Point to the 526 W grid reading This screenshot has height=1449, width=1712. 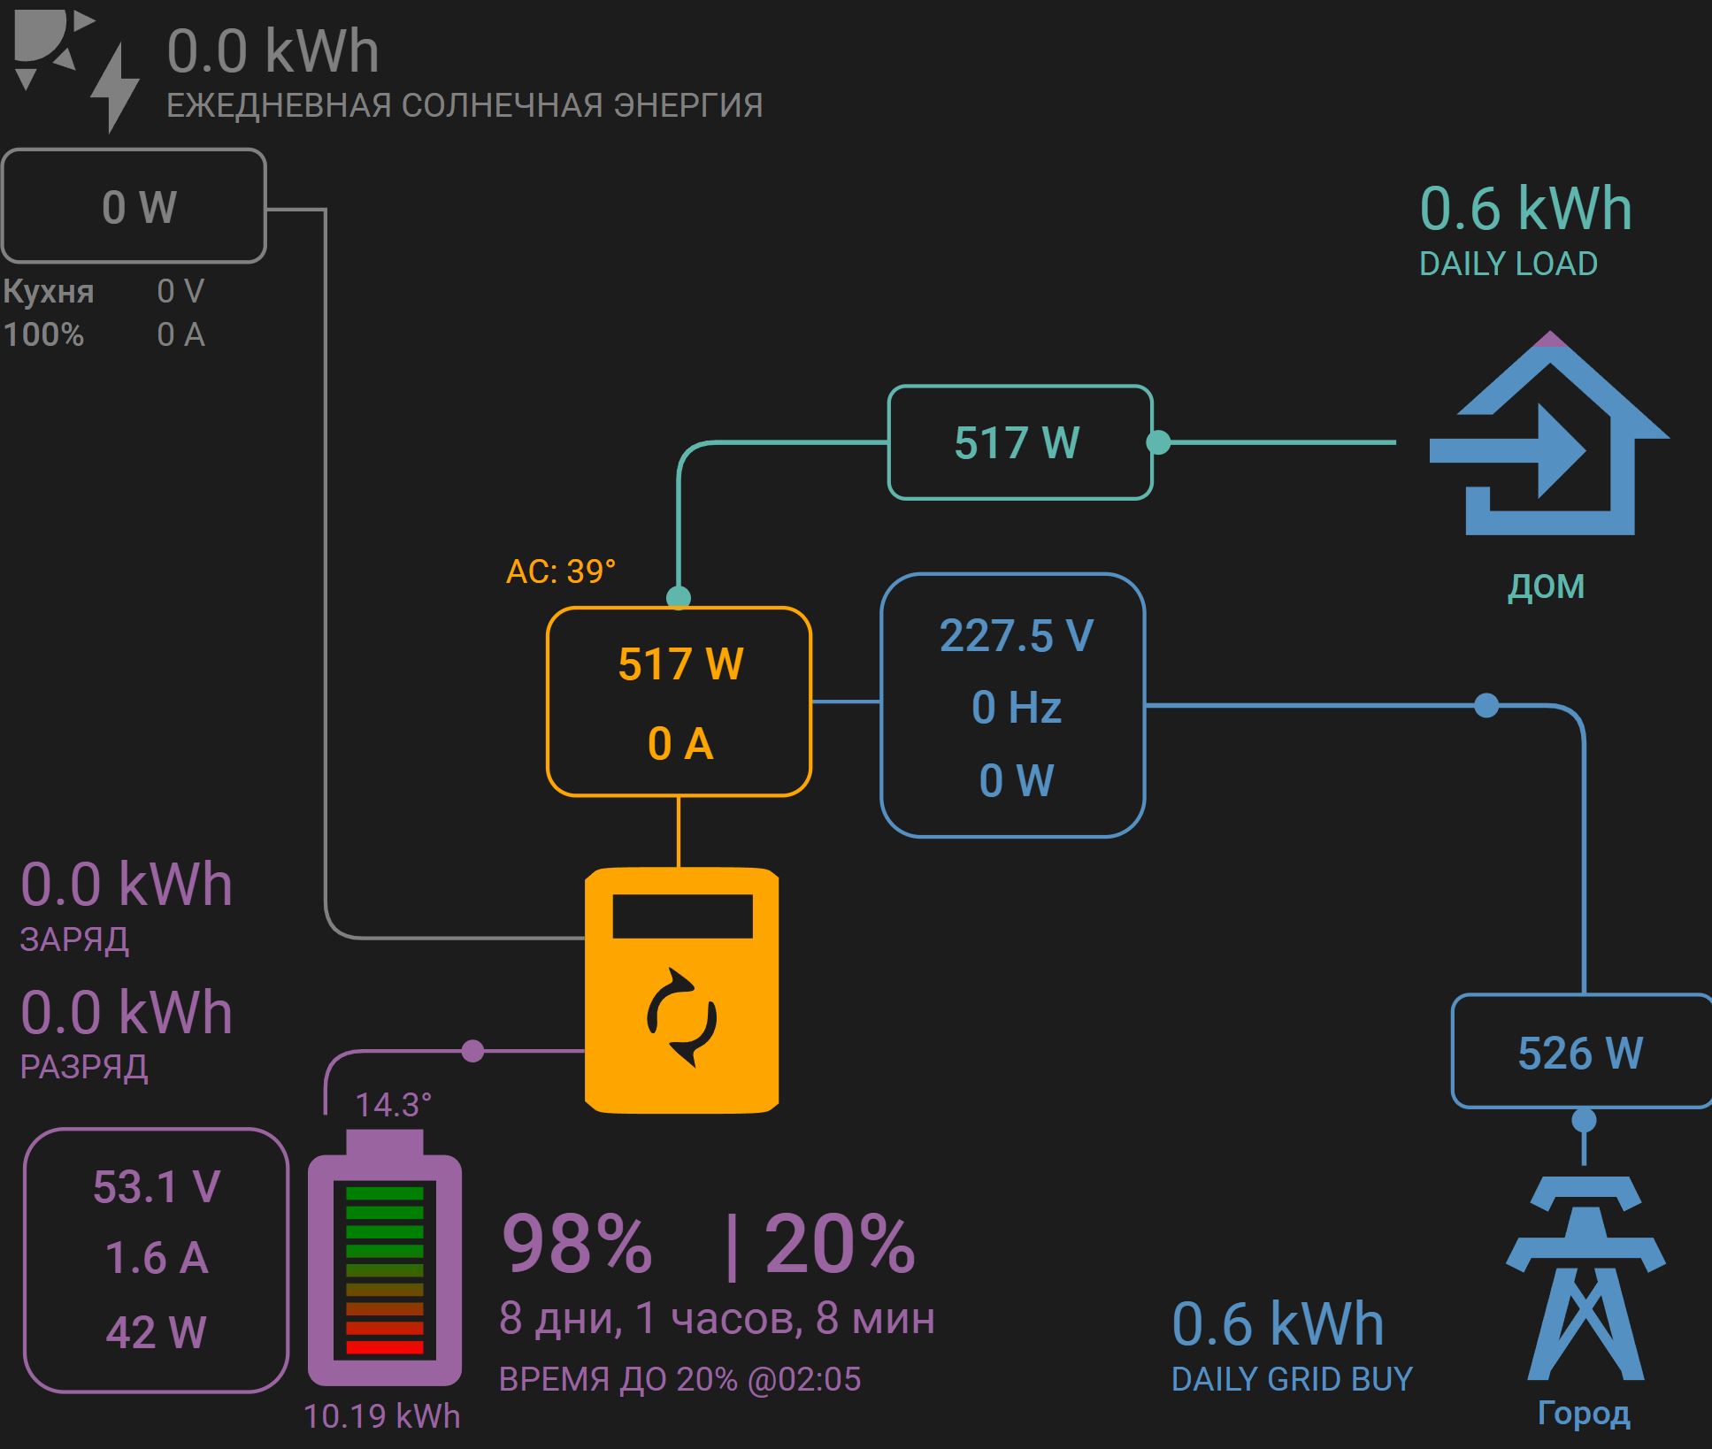pyautogui.click(x=1580, y=1053)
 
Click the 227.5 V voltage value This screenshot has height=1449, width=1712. pyautogui.click(x=1016, y=636)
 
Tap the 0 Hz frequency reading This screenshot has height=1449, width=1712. pyautogui.click(x=1016, y=708)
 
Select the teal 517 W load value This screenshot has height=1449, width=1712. pyautogui.click(x=1017, y=442)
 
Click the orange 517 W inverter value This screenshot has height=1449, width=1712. pyautogui.click(x=680, y=664)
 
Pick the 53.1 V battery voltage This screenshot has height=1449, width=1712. pyautogui.click(x=157, y=1186)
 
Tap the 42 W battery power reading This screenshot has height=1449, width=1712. pyautogui.click(x=157, y=1331)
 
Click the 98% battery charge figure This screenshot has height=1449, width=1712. pyautogui.click(x=577, y=1244)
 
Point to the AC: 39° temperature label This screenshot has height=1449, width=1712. pyautogui.click(x=560, y=571)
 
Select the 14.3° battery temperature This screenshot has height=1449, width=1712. pyautogui.click(x=393, y=1104)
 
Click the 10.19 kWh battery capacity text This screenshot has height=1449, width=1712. pyautogui.click(x=382, y=1416)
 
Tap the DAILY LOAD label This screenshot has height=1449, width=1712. pyautogui.click(x=1508, y=264)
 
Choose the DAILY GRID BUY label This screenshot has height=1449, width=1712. pyautogui.click(x=1291, y=1379)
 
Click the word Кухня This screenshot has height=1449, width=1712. pyautogui.click(x=49, y=291)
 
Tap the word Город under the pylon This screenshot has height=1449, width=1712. pyautogui.click(x=1583, y=1413)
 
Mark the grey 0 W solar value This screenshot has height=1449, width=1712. pyautogui.click(x=139, y=207)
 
